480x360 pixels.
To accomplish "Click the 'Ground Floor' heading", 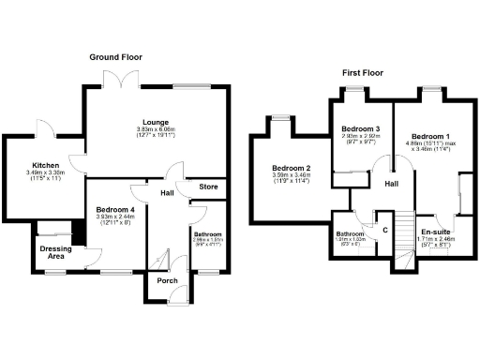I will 115,57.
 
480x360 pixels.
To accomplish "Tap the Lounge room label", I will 155,122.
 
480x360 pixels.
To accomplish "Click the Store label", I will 208,187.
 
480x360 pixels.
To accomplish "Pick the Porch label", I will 168,280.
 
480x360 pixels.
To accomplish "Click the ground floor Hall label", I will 167,194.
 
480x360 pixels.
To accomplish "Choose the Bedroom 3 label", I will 360,128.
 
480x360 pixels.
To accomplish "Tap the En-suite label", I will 435,231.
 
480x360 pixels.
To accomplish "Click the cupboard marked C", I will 384,229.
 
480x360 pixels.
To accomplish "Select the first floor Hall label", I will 391,184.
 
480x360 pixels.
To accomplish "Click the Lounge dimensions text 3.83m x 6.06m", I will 155,131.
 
